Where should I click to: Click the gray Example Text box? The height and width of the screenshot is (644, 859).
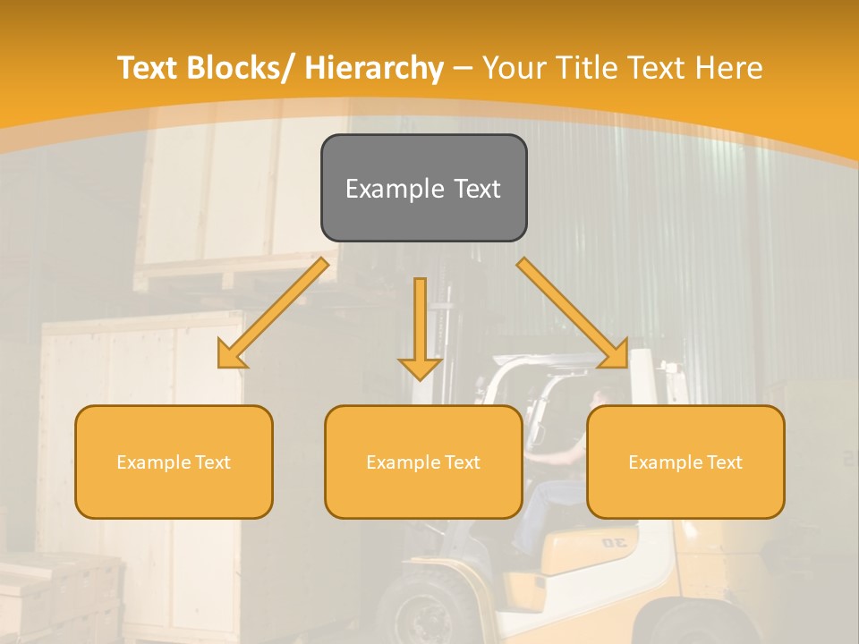[x=423, y=188]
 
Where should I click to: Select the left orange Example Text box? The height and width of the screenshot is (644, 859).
[x=174, y=462]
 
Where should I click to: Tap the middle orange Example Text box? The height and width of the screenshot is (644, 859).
[x=423, y=462]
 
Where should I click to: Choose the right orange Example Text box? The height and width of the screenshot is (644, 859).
[x=685, y=462]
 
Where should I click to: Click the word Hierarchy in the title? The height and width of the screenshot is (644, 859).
[x=374, y=68]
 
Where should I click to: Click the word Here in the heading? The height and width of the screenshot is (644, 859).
[x=728, y=68]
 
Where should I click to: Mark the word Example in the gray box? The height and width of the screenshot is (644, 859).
[x=393, y=189]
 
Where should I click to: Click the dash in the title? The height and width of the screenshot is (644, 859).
[x=463, y=68]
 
